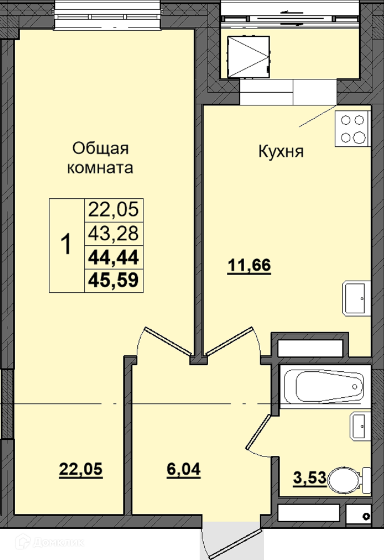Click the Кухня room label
click(281, 152)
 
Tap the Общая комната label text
click(100, 158)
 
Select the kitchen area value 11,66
click(249, 265)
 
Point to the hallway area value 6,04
click(184, 469)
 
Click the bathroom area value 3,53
click(310, 478)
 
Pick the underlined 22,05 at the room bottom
click(81, 469)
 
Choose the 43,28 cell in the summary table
click(113, 234)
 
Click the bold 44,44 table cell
click(113, 258)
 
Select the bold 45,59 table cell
click(113, 281)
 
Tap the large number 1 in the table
click(66, 244)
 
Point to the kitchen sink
click(356, 298)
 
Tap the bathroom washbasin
click(360, 426)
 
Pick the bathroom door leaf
click(258, 431)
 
